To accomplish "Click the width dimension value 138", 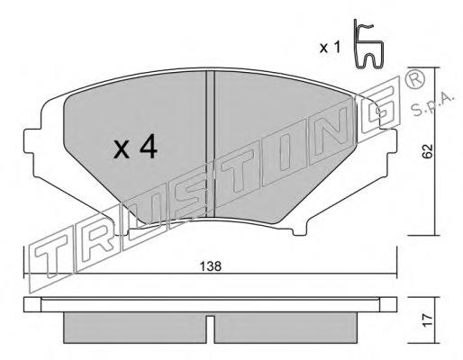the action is [x=211, y=266].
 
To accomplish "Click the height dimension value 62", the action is [x=428, y=150].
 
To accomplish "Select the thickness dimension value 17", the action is [x=428, y=320].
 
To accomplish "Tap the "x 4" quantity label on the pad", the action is [x=135, y=147].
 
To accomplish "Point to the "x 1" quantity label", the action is [x=330, y=48].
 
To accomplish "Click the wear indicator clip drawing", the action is [x=368, y=44].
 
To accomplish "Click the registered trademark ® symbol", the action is [x=415, y=78].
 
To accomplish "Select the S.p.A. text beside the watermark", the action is [x=433, y=104].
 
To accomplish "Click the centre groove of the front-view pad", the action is [x=210, y=143].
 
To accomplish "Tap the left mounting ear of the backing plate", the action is [x=32, y=141].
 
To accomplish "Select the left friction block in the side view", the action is [x=134, y=328].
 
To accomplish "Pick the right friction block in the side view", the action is [x=286, y=328].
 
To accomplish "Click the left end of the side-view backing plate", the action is [x=32, y=304].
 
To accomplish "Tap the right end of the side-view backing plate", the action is [x=388, y=304].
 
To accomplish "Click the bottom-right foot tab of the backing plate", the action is [x=300, y=230].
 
